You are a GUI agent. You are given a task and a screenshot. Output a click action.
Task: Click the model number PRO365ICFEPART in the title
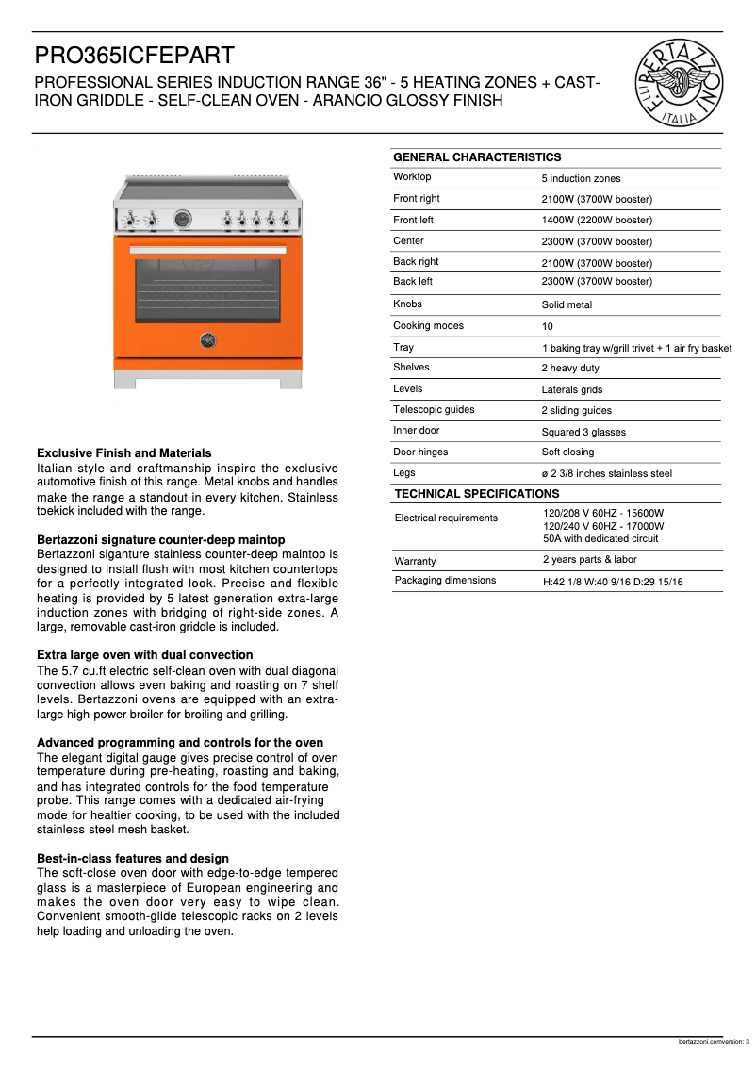[135, 56]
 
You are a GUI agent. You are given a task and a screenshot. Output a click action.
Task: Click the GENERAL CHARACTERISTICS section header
[477, 157]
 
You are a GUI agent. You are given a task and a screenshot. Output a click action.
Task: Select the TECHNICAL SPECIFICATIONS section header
[477, 494]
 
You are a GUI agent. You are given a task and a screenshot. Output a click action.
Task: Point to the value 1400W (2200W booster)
[597, 221]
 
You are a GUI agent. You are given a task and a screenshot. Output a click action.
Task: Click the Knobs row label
[407, 304]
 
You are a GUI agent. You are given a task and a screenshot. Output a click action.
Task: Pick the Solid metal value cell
[567, 305]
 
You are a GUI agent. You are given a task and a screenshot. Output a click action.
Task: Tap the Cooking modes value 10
[548, 327]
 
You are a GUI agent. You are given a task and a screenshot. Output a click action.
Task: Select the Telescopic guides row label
[434, 410]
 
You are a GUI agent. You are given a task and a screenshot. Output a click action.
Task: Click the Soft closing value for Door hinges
[567, 452]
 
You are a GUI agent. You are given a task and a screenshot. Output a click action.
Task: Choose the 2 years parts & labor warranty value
[589, 560]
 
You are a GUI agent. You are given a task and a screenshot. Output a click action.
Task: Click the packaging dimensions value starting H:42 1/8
[613, 583]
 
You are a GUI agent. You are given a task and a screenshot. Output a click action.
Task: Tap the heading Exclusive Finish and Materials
[123, 453]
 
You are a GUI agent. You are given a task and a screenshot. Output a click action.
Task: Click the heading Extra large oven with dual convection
[144, 655]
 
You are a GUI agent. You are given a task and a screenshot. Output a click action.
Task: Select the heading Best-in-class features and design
[132, 859]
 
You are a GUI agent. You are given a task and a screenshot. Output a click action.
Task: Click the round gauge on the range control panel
[183, 220]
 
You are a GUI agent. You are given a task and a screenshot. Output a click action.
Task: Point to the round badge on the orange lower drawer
[207, 340]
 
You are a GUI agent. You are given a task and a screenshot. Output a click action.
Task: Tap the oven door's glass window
[207, 291]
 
